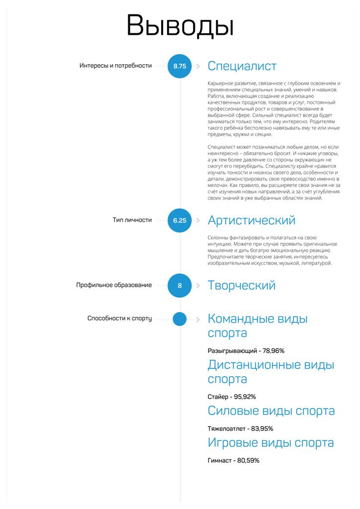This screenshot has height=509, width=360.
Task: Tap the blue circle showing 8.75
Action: (x=180, y=66)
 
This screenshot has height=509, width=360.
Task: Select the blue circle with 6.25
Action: (x=180, y=220)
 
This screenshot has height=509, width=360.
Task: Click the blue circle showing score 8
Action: (x=180, y=285)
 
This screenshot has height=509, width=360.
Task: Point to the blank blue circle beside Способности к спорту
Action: (x=180, y=319)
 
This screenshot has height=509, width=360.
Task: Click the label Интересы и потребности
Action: (x=115, y=66)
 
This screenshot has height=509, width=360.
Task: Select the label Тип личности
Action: (x=132, y=220)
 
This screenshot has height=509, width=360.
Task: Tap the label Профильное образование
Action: (x=114, y=285)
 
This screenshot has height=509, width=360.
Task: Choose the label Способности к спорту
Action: (x=119, y=319)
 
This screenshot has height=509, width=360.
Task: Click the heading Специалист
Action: (x=242, y=66)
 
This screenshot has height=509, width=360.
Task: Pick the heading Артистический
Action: (x=251, y=220)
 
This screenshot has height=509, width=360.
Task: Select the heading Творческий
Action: (x=241, y=285)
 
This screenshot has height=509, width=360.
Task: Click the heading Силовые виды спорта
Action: (x=271, y=411)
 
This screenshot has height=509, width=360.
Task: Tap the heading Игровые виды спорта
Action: (x=270, y=442)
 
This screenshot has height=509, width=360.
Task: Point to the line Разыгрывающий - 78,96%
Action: (x=246, y=351)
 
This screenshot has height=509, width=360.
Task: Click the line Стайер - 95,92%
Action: (x=232, y=397)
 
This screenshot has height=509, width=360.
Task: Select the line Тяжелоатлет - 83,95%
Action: (x=240, y=428)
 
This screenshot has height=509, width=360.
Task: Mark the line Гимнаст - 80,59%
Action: (x=233, y=460)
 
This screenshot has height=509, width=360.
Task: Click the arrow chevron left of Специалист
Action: (x=197, y=66)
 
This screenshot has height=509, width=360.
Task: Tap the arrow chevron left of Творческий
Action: (x=197, y=285)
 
